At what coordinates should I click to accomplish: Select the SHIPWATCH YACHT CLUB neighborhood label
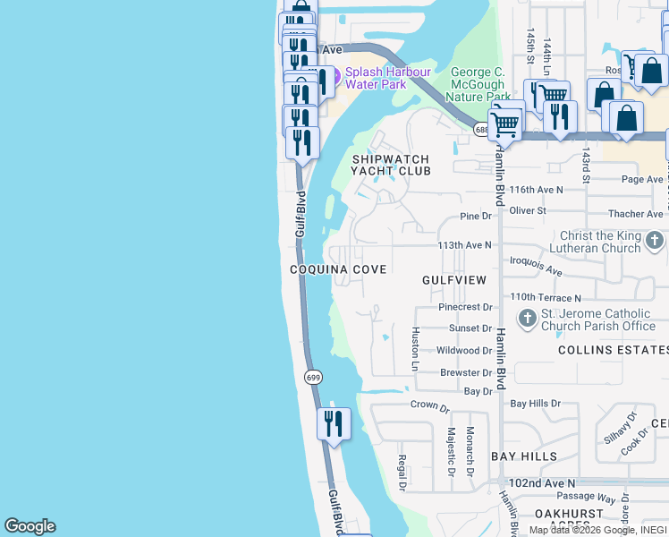[x=390, y=164]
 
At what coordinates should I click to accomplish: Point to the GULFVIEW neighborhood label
[x=454, y=280]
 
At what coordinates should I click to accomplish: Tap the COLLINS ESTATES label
[x=614, y=350]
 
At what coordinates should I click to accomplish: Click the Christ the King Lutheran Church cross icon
[x=655, y=241]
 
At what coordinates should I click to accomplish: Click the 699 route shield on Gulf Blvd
[x=312, y=378]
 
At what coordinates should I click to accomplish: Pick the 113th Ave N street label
[x=464, y=244]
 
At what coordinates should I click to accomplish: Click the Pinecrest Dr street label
[x=465, y=307]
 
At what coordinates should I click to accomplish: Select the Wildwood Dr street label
[x=464, y=351]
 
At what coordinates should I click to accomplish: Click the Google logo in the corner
[x=30, y=526]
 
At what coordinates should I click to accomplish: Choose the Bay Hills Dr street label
[x=535, y=404]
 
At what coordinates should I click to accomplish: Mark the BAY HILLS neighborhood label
[x=524, y=456]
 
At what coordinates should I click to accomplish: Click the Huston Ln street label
[x=415, y=349]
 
